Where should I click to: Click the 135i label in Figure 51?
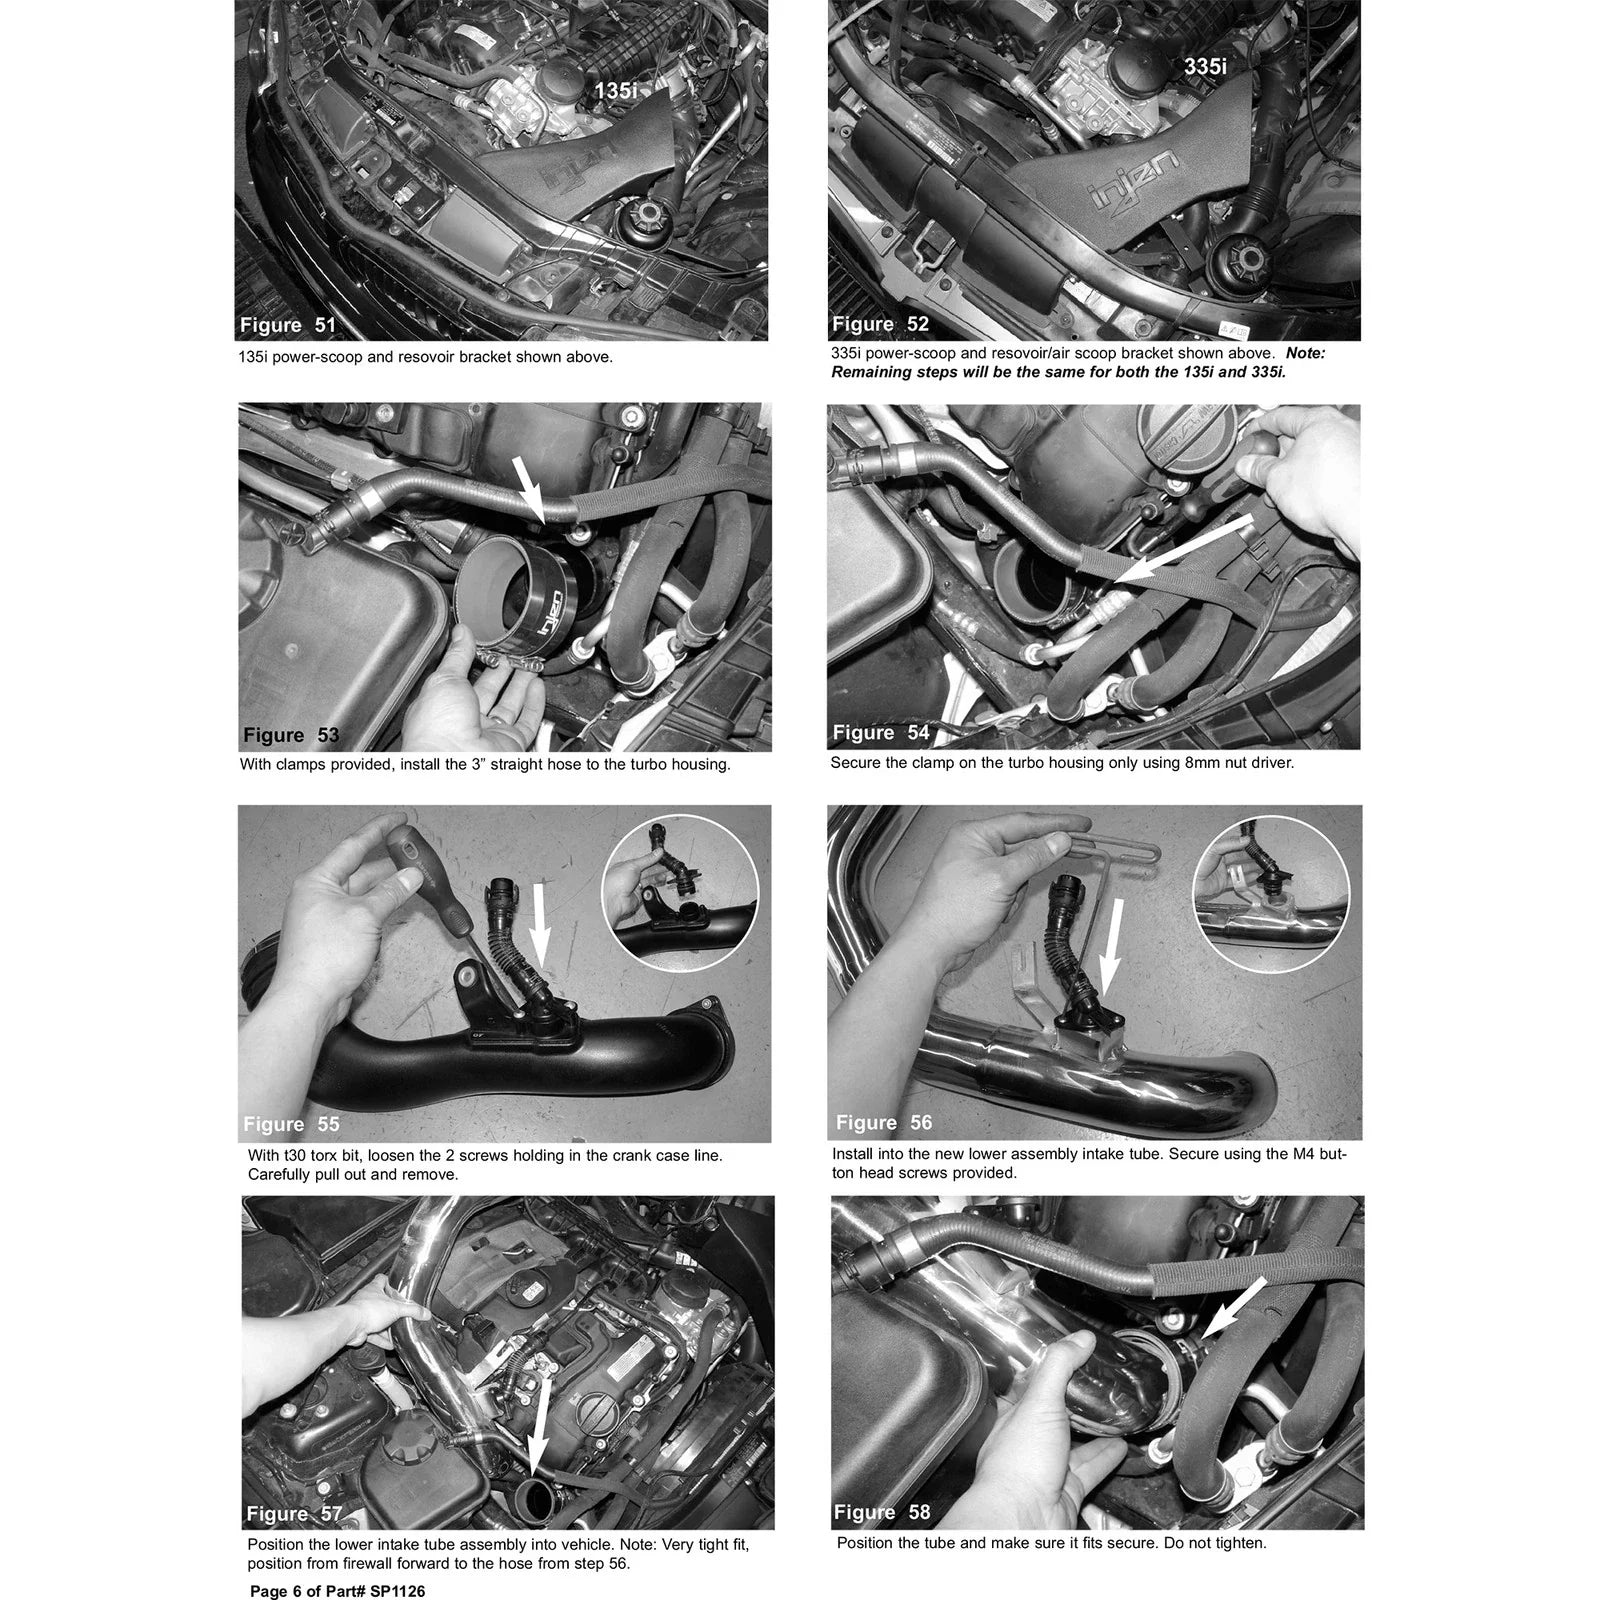pyautogui.click(x=615, y=91)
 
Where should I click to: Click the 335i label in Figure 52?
pyautogui.click(x=1205, y=67)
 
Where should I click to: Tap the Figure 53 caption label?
pyautogui.click(x=291, y=735)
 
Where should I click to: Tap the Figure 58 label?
pyautogui.click(x=882, y=1512)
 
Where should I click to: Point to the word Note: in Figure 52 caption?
pyautogui.click(x=1306, y=353)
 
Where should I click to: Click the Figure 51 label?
pyautogui.click(x=288, y=325)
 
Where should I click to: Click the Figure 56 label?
pyautogui.click(x=884, y=1122)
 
